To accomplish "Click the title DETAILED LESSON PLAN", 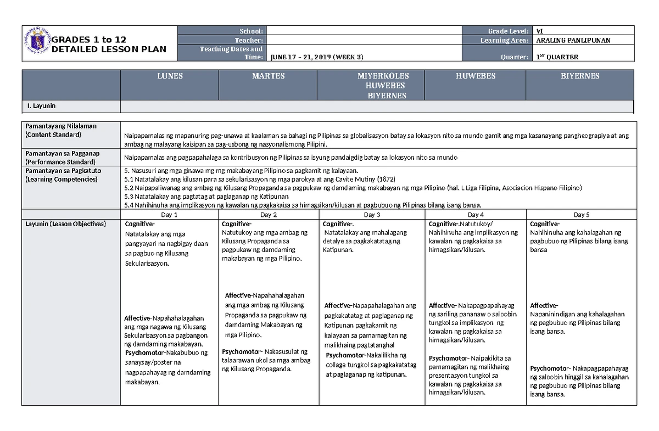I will [109, 49].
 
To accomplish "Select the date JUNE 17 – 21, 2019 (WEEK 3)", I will [316, 57].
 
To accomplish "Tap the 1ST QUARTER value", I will [557, 57].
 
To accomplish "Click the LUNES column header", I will [169, 76].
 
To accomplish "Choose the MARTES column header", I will [268, 76].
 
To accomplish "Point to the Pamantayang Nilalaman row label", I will [60, 126].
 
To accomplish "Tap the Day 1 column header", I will [169, 215].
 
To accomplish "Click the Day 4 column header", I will [476, 215].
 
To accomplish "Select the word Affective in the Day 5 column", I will [543, 306].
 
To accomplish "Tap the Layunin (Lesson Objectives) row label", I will [65, 224].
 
